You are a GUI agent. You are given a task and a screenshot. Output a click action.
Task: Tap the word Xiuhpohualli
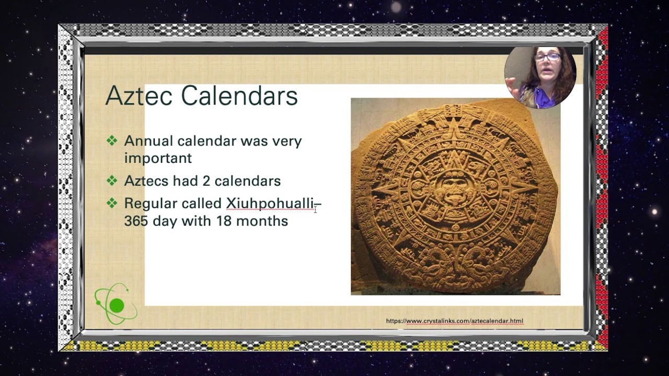click(270, 203)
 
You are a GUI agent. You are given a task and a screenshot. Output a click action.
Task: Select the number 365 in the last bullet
click(136, 221)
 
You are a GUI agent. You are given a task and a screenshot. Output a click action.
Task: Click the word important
click(158, 158)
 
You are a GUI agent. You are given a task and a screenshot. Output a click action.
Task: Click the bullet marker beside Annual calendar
click(112, 140)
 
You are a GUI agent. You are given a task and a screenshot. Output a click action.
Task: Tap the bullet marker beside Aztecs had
click(112, 181)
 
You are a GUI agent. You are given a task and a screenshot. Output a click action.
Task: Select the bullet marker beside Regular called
click(112, 203)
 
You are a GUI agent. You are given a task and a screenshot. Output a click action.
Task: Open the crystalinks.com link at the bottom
click(454, 321)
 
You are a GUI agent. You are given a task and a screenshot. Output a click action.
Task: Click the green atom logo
click(116, 304)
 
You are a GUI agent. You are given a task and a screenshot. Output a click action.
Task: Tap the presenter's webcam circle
click(540, 77)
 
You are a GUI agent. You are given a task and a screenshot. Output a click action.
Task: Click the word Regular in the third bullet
click(146, 203)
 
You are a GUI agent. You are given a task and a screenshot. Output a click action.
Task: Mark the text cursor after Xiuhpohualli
click(315, 209)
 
